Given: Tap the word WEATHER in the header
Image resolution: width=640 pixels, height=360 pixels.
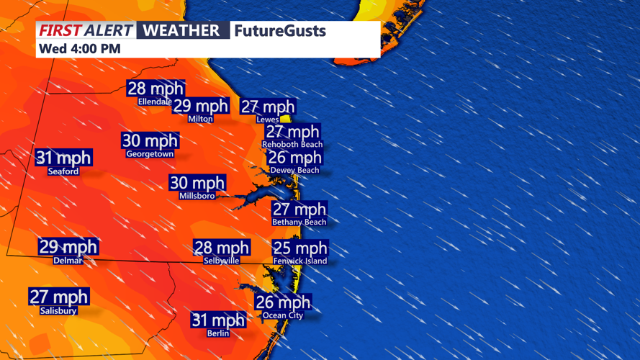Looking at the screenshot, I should click(181, 31).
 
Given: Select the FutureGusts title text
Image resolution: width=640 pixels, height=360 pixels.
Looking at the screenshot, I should click(279, 31).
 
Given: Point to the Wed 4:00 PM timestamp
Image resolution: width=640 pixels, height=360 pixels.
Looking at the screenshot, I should click(79, 49).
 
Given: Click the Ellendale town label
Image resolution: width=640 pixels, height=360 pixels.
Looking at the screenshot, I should click(155, 102).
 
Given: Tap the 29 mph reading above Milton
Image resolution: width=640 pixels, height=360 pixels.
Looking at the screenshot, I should click(201, 106).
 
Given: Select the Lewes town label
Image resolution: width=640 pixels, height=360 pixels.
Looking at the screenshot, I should click(267, 120).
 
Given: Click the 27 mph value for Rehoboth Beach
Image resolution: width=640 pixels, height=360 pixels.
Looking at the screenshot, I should click(292, 132).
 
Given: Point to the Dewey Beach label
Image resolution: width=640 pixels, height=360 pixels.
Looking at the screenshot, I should click(294, 170).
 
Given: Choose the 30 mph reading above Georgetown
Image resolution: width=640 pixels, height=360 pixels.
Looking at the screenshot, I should click(150, 140).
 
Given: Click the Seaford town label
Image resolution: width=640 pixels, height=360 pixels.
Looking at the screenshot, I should click(63, 171).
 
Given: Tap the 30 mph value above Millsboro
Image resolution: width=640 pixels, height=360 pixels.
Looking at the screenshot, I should click(197, 183).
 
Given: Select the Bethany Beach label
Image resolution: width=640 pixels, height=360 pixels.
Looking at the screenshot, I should click(299, 222).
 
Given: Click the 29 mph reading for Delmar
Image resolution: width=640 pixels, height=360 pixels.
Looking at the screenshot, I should click(68, 247).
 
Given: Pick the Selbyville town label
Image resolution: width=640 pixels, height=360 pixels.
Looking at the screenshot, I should click(221, 261).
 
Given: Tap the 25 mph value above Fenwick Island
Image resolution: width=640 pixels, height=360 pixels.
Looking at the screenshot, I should click(300, 248).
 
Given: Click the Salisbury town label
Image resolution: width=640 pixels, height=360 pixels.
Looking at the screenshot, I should click(58, 310).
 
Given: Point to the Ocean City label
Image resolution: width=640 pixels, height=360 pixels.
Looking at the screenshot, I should click(283, 315).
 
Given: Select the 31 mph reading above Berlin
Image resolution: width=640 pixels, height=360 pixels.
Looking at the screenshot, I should click(218, 320).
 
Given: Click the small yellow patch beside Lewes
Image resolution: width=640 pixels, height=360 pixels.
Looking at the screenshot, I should click(286, 119).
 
